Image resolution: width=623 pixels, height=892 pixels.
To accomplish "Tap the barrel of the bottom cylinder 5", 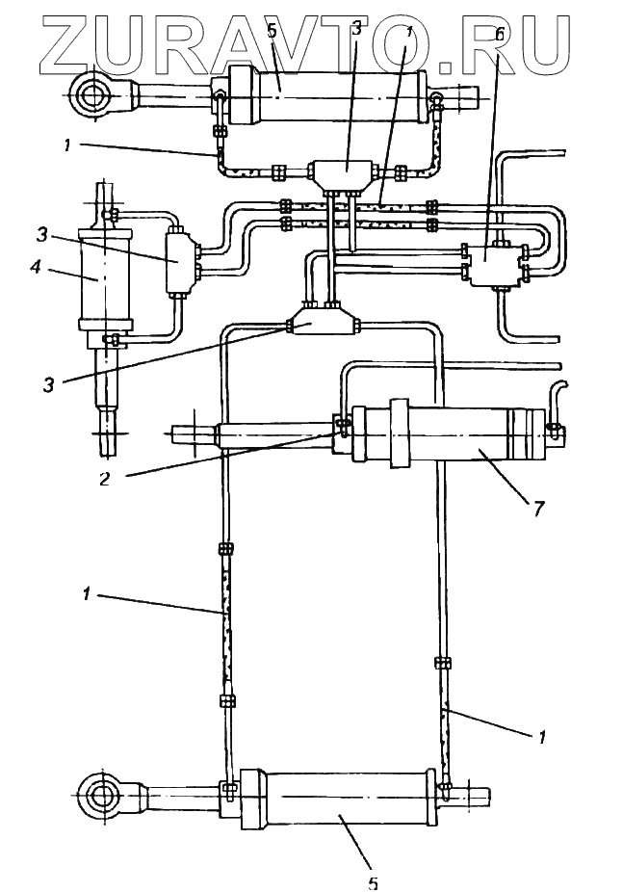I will pos(342,799).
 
